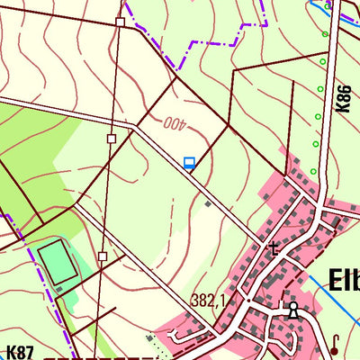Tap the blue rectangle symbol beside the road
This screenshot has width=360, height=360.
pyautogui.click(x=189, y=163)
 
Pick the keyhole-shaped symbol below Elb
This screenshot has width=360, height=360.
pyautogui.click(x=292, y=311)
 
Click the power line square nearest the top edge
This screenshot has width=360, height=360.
pyautogui.click(x=120, y=22)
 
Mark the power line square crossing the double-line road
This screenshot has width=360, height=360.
pyautogui.click(x=111, y=139)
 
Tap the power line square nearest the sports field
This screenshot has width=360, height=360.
pyautogui.click(x=103, y=256)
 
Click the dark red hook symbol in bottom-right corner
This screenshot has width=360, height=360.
pyautogui.click(x=334, y=343)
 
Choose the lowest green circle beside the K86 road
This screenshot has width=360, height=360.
pyautogui.click(x=312, y=171)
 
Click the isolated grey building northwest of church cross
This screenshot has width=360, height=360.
pyautogui.click(x=208, y=204)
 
